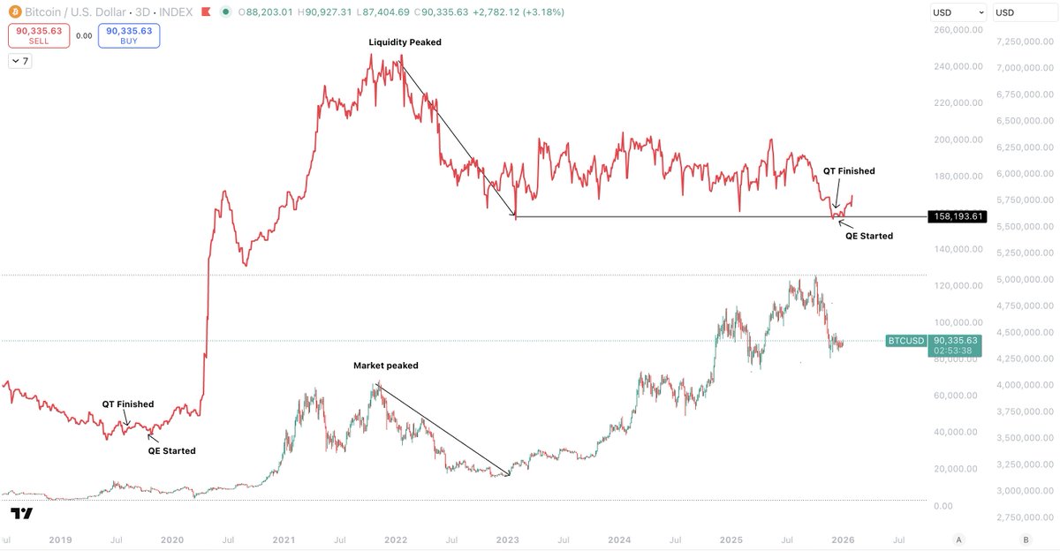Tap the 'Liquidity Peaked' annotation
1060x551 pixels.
(x=405, y=42)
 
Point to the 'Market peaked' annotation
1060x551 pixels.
(x=385, y=366)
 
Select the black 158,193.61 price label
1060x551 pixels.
(x=958, y=216)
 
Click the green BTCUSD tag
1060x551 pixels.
(x=905, y=341)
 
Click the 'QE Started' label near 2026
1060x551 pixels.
(x=868, y=236)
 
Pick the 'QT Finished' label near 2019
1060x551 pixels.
(x=127, y=404)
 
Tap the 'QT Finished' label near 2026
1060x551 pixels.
(x=849, y=171)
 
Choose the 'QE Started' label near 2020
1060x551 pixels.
(x=171, y=450)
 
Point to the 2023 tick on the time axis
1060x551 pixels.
(x=507, y=539)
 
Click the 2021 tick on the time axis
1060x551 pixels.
(x=284, y=539)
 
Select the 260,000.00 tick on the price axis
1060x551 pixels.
(x=958, y=30)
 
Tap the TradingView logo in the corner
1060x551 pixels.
(x=21, y=514)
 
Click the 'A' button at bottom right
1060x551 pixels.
(x=958, y=539)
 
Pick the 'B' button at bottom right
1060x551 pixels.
(x=1026, y=539)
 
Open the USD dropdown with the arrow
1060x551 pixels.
(x=958, y=12)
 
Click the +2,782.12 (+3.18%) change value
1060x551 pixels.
(x=519, y=12)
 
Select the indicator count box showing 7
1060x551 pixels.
(x=19, y=61)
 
